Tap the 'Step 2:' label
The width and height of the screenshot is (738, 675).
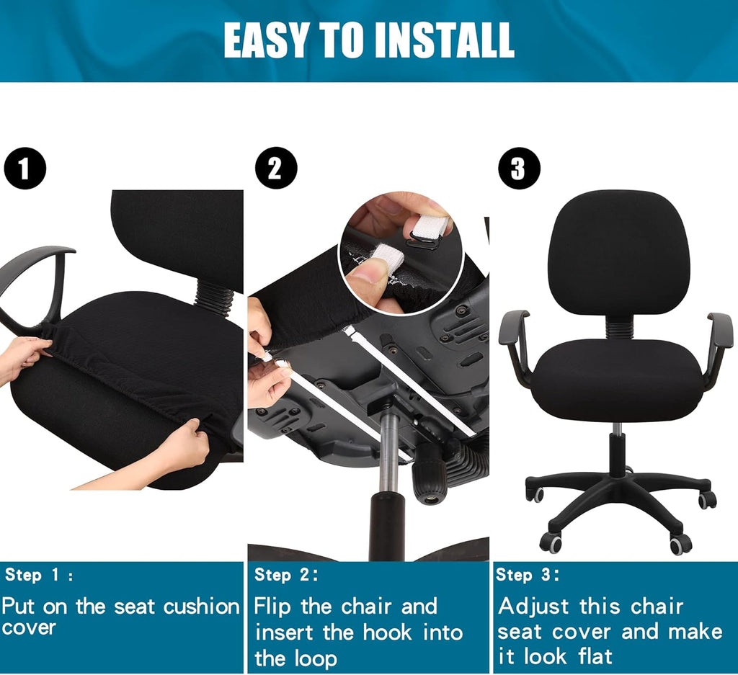point(286,575)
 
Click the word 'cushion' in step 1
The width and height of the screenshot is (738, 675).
point(201,607)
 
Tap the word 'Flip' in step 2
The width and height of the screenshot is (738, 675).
point(274,607)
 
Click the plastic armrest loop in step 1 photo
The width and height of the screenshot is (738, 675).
point(36,281)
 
